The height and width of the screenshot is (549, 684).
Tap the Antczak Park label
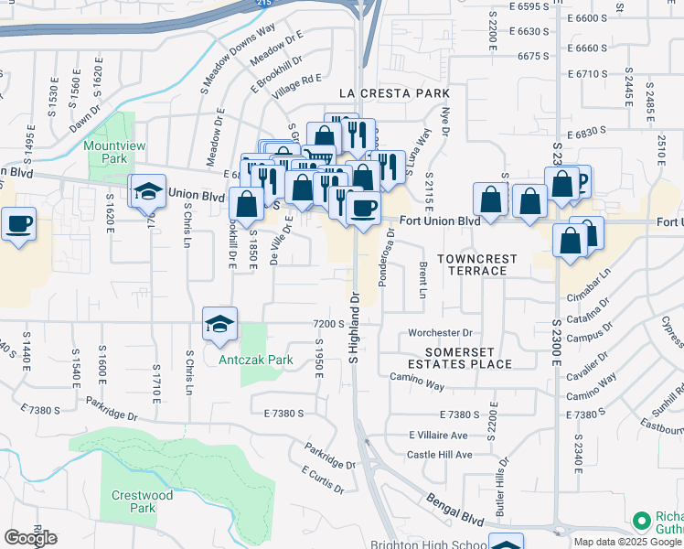[x=256, y=360]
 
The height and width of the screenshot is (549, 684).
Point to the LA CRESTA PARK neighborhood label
[x=394, y=93]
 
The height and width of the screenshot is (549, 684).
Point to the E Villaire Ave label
[x=438, y=435]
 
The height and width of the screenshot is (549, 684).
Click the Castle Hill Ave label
[x=440, y=455]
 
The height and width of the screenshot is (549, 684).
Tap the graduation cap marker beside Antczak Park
[x=219, y=326]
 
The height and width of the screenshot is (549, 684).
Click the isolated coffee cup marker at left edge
[x=18, y=223]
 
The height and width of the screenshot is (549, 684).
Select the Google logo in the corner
[x=30, y=538]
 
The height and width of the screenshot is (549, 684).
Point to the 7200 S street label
[x=327, y=324]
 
